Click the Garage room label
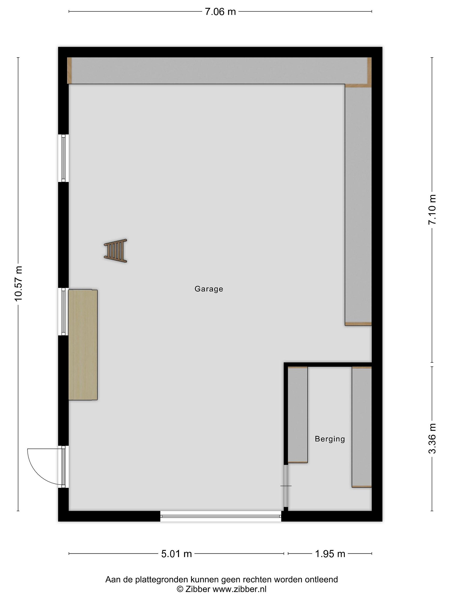click(209, 289)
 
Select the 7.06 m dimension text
click(220, 12)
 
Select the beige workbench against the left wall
click(83, 345)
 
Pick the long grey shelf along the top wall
click(219, 71)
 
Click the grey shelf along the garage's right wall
click(358, 205)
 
